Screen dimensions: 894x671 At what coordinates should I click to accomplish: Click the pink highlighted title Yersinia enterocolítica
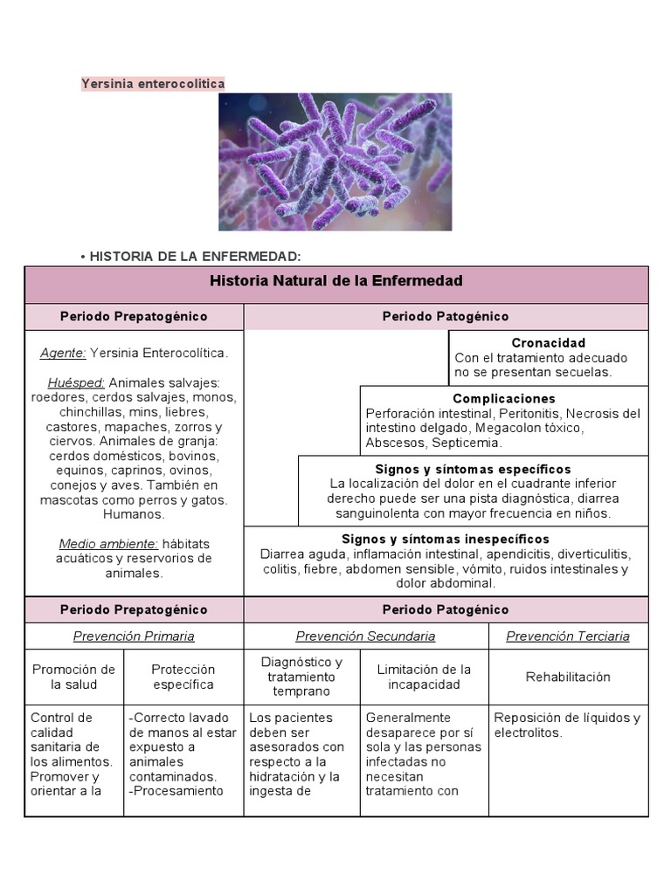(153, 84)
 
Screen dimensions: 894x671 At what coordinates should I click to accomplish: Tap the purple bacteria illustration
(335, 162)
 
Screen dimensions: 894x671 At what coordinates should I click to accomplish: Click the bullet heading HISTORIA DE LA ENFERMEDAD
(195, 256)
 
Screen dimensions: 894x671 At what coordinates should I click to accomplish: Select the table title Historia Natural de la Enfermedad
(336, 281)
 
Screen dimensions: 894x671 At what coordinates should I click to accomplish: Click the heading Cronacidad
(548, 343)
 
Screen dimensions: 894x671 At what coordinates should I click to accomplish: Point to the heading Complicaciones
(504, 399)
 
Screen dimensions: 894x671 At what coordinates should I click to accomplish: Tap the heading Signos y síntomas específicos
(473, 470)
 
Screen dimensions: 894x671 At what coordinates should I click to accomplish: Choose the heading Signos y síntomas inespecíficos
(446, 540)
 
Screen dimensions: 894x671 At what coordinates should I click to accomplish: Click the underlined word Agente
(63, 354)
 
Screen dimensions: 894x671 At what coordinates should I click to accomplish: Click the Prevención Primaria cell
(134, 636)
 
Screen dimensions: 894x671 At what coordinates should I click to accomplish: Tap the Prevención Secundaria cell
(365, 636)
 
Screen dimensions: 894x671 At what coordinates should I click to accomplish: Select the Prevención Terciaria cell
(568, 636)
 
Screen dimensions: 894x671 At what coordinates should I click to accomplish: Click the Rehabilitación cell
(568, 677)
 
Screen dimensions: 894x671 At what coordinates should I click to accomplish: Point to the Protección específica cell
(183, 677)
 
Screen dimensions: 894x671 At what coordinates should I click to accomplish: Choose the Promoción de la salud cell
(73, 677)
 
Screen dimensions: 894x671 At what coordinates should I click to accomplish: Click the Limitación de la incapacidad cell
(424, 677)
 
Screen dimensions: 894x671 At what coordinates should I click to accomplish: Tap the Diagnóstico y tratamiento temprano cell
(301, 677)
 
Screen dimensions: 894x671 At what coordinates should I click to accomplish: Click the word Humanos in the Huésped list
(133, 514)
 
